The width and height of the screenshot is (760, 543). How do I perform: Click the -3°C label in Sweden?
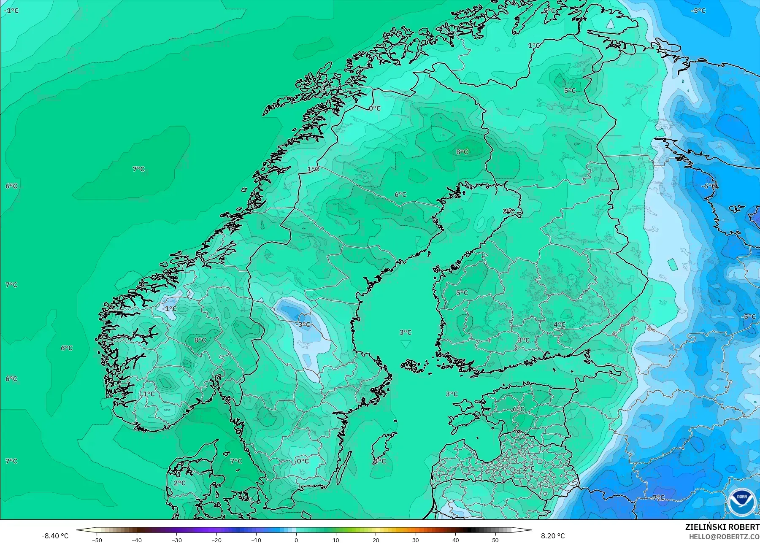[303, 324]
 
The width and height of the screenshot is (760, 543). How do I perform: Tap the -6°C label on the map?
[709, 186]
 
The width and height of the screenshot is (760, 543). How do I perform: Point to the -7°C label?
[658, 497]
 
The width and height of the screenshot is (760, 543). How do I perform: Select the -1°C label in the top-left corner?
[11, 11]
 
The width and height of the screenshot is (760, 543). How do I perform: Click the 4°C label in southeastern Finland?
[560, 324]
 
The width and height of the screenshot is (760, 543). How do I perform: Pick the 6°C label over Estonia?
[518, 409]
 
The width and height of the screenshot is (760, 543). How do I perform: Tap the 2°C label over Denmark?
[179, 483]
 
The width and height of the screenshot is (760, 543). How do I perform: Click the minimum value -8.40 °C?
[55, 536]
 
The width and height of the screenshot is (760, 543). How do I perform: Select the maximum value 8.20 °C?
[552, 536]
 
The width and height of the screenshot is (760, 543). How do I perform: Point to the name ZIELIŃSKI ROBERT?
[722, 528]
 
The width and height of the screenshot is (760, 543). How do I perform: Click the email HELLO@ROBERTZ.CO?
[724, 537]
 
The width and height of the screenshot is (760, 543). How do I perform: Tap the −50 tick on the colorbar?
[97, 540]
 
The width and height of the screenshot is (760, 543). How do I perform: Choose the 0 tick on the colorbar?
[296, 540]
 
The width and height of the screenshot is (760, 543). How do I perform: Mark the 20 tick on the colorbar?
[376, 540]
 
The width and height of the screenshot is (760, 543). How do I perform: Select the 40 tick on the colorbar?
[456, 540]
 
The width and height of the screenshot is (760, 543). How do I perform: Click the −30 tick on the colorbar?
[177, 540]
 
